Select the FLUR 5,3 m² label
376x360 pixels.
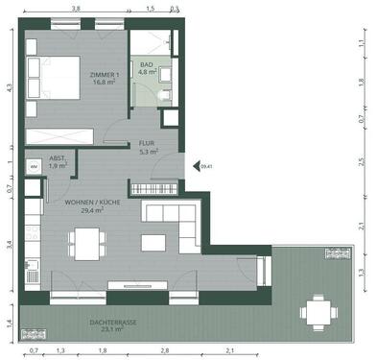[x=147, y=147]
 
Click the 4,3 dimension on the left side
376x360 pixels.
[x=9, y=87]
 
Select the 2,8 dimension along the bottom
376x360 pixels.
[x=164, y=351]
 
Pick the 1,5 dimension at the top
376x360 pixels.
[x=150, y=9]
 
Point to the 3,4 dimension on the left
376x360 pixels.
[x=9, y=245]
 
